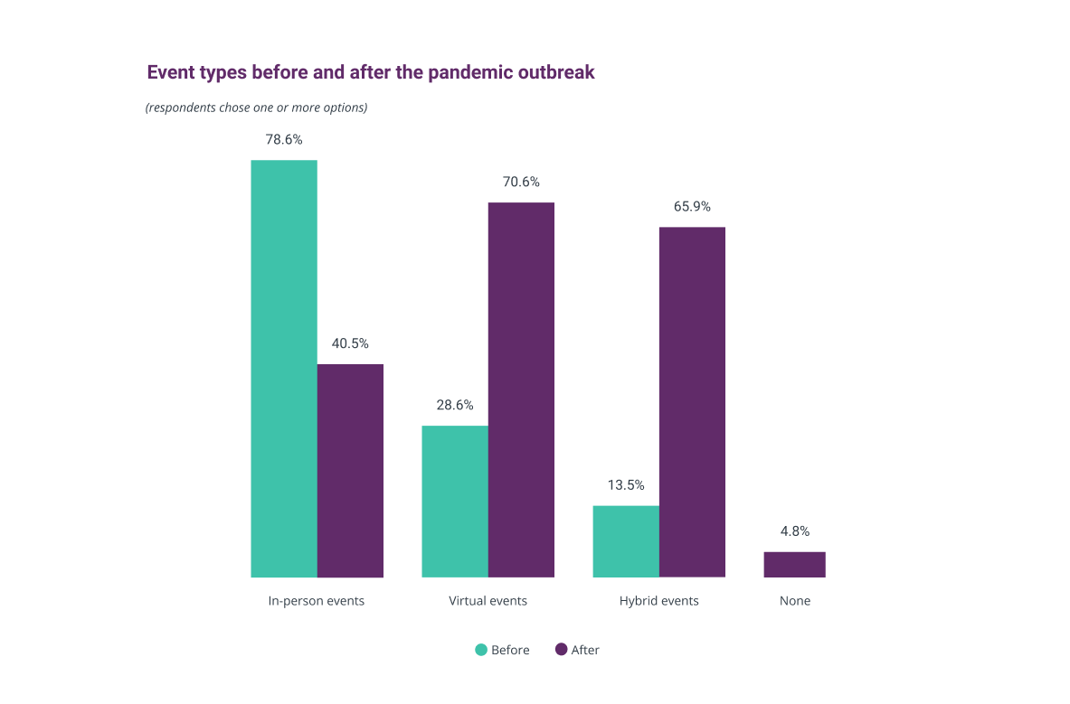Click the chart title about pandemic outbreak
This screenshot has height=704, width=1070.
[x=371, y=72]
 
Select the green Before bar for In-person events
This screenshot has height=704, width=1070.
[x=284, y=369]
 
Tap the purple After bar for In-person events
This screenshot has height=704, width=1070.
[x=350, y=470]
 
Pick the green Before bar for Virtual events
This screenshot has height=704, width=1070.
[x=455, y=501]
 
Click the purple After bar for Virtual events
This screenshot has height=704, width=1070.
[x=521, y=390]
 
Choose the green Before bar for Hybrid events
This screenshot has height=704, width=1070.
[x=626, y=540]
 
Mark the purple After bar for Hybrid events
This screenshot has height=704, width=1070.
[x=692, y=401]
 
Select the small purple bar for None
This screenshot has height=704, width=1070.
[x=794, y=564]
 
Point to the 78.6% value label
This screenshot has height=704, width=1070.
[x=284, y=140]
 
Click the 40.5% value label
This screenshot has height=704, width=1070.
[x=350, y=344]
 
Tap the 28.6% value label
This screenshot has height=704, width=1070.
[x=455, y=405]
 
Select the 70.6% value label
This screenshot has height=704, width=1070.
[x=521, y=182]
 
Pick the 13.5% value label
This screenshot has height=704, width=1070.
[x=626, y=484]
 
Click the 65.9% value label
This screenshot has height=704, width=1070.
[x=692, y=206]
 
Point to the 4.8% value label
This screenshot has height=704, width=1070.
[x=794, y=531]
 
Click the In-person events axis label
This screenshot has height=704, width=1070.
[x=317, y=601]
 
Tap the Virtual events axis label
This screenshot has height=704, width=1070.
[x=488, y=601]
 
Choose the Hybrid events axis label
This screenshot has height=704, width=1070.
[x=658, y=601]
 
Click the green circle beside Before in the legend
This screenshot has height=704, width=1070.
[x=481, y=650]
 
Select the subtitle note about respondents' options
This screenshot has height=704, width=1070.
[x=256, y=108]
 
